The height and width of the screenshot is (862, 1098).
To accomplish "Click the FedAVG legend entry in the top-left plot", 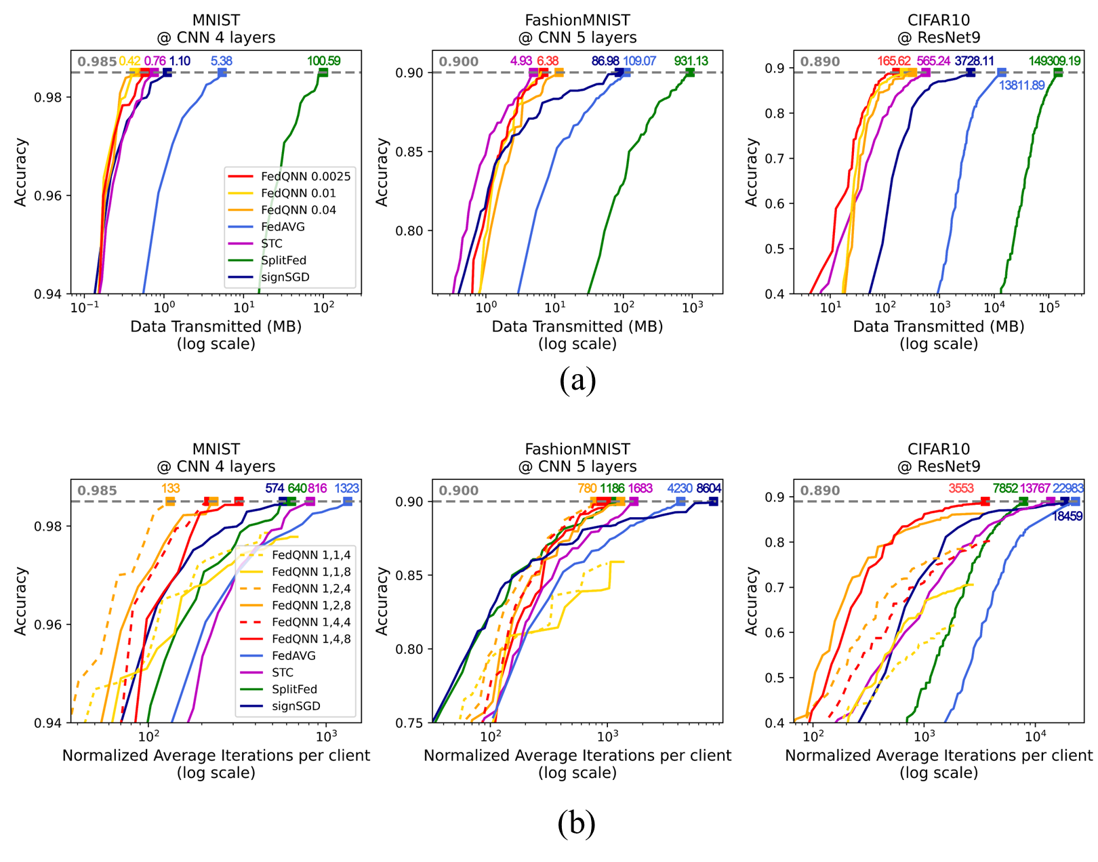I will pos(283,227).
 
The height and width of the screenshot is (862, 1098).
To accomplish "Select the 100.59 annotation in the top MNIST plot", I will pos(323,61).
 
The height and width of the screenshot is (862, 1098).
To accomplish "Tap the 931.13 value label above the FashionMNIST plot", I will pos(691,61).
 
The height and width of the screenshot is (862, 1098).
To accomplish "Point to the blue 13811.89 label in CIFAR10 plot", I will pos(1021,85).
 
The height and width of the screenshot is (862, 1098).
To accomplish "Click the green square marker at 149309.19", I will pos(1058,73).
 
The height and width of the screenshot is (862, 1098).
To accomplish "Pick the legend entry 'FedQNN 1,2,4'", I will pos(311,588).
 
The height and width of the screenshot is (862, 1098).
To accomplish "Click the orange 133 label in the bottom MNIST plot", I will pos(170,489).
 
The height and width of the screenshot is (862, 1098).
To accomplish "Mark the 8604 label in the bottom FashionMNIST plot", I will pos(708,489).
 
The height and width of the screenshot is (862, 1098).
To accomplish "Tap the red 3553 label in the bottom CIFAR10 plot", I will pos(961,489).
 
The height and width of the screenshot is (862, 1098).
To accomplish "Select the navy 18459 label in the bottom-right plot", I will pos(1067,516).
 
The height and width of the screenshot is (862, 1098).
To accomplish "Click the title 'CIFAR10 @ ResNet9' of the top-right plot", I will pos(939,28).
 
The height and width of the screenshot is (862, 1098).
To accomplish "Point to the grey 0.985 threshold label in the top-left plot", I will pos(97,62).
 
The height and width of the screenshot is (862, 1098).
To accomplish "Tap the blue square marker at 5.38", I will pos(222,73).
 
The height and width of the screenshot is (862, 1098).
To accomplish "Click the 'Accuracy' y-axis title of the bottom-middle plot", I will pos(382,601).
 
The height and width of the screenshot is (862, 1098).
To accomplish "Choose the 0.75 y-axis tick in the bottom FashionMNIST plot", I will pos(409,723).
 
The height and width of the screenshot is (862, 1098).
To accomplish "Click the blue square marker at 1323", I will pos(348,501).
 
